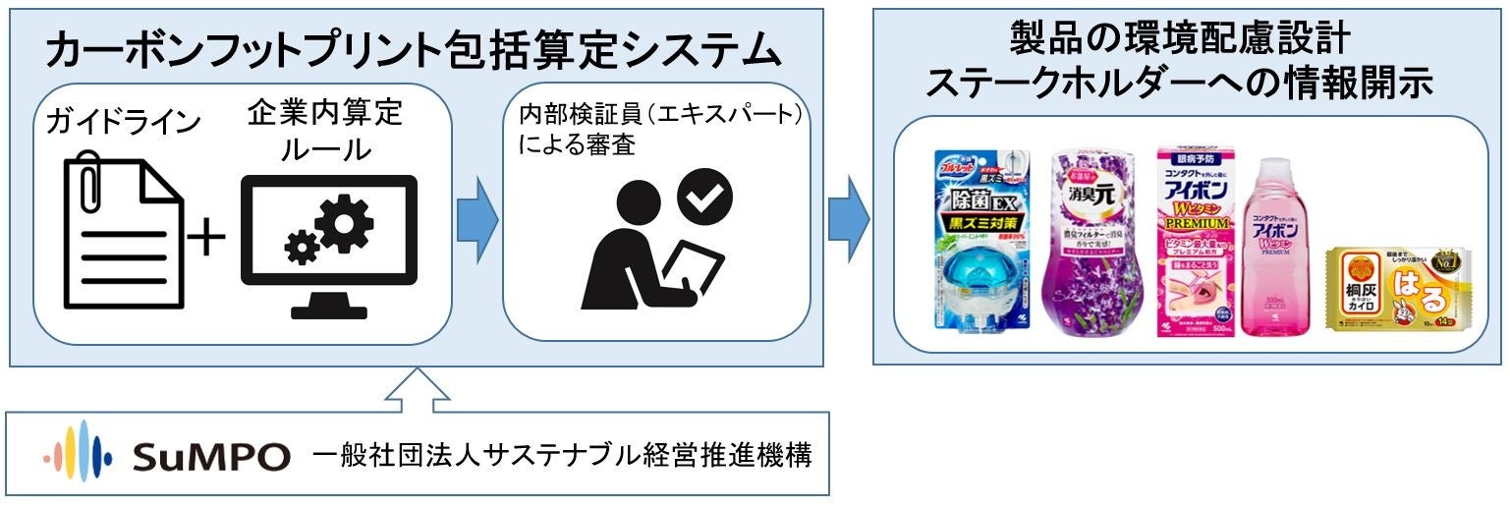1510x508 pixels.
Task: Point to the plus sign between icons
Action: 206,237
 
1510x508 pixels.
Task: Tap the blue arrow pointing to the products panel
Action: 848,217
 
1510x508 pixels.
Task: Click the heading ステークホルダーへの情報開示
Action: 1179,83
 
